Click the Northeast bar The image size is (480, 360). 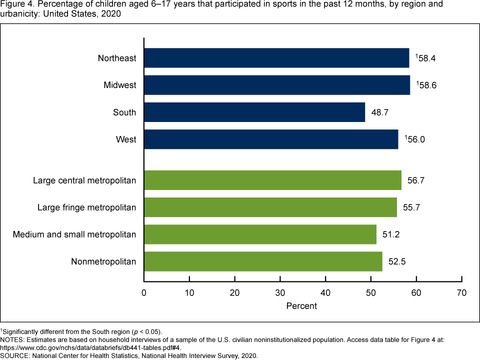click(x=276, y=58)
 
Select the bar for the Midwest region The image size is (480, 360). click(x=277, y=85)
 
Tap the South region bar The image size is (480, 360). click(x=254, y=112)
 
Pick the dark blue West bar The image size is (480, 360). click(x=271, y=139)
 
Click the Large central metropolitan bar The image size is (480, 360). click(x=272, y=180)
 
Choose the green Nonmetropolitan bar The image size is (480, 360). click(x=263, y=261)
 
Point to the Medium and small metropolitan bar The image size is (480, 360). click(x=260, y=234)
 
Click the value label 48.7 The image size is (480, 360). click(x=379, y=112)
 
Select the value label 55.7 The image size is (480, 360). click(x=411, y=207)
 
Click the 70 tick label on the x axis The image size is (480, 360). click(x=461, y=292)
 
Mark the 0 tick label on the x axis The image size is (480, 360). click(x=144, y=292)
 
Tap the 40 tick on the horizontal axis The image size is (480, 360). click(x=325, y=292)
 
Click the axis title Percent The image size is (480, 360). click(x=301, y=305)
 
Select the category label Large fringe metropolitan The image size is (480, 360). click(x=86, y=207)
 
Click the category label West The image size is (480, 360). click(x=126, y=139)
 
